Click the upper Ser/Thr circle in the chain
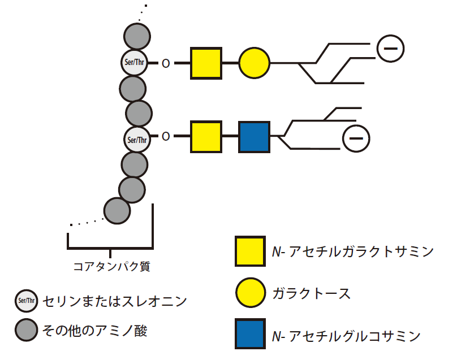(135, 63)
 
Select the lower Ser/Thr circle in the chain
(137, 140)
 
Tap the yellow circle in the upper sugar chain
(254, 63)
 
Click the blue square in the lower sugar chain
(254, 137)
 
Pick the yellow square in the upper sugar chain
(206, 63)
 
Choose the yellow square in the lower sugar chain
(206, 137)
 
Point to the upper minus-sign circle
(391, 49)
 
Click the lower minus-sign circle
(356, 138)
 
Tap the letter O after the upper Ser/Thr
(166, 63)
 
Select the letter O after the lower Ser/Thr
(166, 136)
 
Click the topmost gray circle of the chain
(137, 36)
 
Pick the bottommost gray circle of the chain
(117, 211)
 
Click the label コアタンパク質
(111, 266)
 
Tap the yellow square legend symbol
(250, 251)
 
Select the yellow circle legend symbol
(251, 292)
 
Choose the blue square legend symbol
(250, 333)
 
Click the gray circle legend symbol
(26, 329)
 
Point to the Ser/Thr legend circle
(26, 301)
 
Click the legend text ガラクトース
(312, 293)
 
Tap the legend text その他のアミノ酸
(94, 331)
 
